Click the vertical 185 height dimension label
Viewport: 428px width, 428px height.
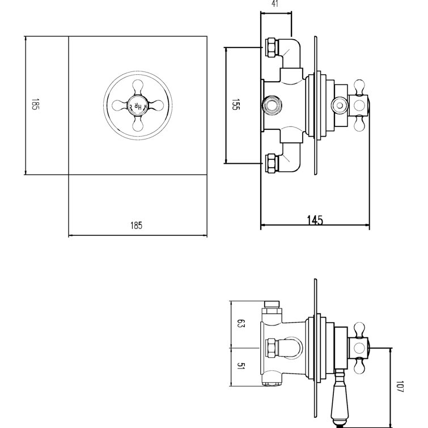(x=35, y=105)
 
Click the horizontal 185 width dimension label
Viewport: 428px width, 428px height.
(x=136, y=225)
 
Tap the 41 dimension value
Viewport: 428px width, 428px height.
(x=276, y=4)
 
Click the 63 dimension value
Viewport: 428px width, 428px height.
(x=240, y=325)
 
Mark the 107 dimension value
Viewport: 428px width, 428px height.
(x=400, y=388)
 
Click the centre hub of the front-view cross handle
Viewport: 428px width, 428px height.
(x=137, y=105)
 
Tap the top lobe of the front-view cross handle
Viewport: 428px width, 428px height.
(x=137, y=86)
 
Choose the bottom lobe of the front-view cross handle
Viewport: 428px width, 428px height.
(x=137, y=124)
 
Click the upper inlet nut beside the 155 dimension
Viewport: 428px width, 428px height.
(x=271, y=47)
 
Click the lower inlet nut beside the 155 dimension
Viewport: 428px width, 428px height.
(x=271, y=163)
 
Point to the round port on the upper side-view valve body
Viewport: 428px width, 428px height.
(x=271, y=105)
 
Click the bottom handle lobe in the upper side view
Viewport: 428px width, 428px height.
(x=359, y=123)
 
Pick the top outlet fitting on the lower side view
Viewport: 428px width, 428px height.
(x=273, y=306)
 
